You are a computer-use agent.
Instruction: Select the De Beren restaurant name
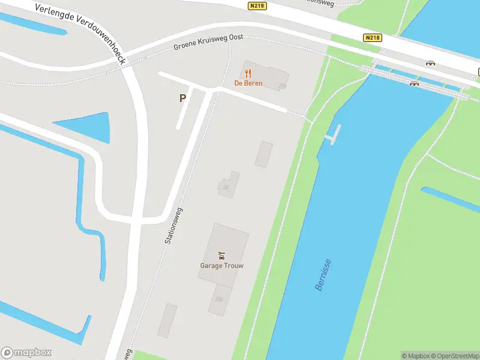248,83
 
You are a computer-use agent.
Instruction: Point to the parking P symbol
182,98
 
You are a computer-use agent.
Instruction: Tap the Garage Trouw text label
221,265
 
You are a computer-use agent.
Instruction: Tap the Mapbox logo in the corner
26,353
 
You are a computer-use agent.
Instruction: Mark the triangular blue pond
90,127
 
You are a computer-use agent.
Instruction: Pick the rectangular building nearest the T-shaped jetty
263,154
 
